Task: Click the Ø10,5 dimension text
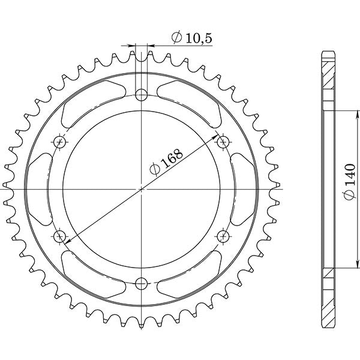(191, 38)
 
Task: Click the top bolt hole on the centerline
(142, 94)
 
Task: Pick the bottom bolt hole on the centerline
(142, 283)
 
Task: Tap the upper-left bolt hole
(60, 142)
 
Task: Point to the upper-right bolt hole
(223, 142)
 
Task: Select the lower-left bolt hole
(60, 236)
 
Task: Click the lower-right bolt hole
(223, 236)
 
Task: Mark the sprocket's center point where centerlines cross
(142, 188)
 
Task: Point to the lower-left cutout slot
(90, 273)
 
